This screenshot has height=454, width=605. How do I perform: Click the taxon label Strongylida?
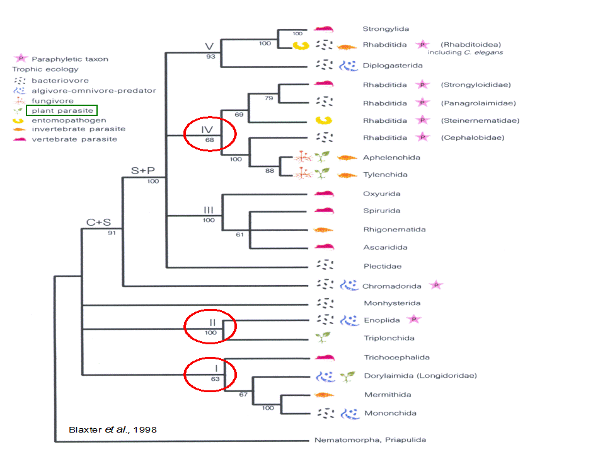[386, 29]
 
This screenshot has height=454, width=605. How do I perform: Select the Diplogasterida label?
[393, 66]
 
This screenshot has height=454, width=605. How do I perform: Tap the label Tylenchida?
[385, 175]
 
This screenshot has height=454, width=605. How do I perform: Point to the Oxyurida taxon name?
[382, 194]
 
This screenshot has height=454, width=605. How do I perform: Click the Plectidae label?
[383, 266]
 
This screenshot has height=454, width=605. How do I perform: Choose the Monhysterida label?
[392, 303]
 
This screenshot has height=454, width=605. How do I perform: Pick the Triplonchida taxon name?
[389, 338]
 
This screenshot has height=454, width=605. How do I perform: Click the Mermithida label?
[388, 395]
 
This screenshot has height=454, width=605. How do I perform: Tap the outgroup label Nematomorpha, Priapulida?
[370, 440]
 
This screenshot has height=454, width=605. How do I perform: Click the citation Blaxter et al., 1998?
[113, 429]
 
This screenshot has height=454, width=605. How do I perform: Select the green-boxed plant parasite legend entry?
[62, 110]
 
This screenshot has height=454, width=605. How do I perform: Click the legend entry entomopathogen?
[69, 120]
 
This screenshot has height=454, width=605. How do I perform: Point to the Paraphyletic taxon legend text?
[70, 59]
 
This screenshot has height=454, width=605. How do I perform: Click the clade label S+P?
[143, 171]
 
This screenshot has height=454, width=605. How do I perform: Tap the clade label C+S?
[98, 223]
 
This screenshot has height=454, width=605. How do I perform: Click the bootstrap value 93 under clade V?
[210, 56]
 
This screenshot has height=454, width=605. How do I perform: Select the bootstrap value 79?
[269, 98]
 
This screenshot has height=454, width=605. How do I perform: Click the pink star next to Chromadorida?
[436, 285]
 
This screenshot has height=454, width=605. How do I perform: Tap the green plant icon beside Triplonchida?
[323, 337]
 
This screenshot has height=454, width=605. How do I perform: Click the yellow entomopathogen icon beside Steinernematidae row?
[323, 120]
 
